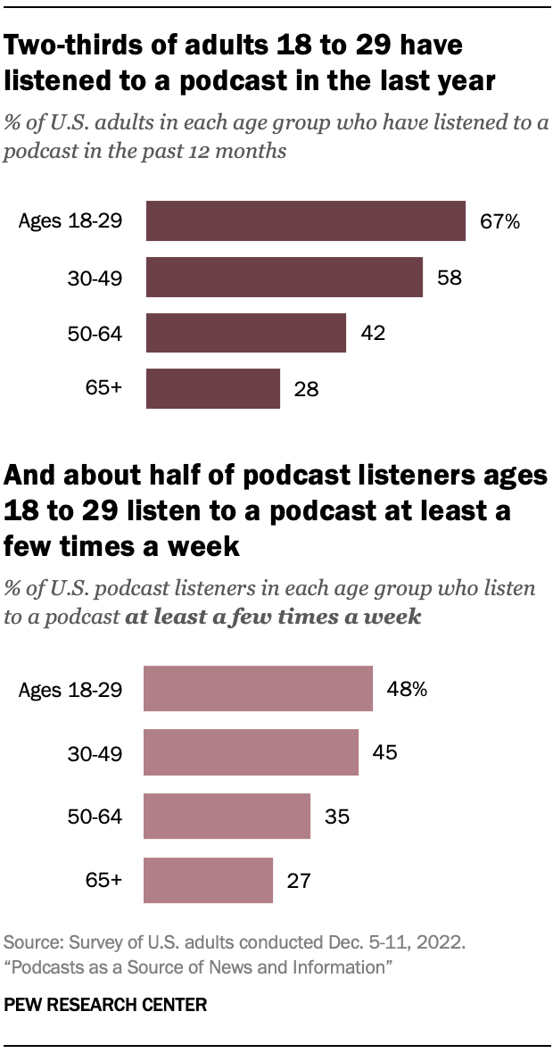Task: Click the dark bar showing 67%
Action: (305, 221)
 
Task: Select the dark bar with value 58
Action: (284, 277)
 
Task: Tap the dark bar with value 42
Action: (245, 333)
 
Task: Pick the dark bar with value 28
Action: (212, 388)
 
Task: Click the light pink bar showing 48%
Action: (258, 688)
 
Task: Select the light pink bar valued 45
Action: (251, 752)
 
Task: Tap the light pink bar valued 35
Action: (227, 817)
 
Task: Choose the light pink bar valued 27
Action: (208, 881)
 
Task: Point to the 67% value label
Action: (499, 221)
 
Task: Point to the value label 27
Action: (299, 881)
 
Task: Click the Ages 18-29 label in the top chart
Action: (70, 221)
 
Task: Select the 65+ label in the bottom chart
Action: (104, 881)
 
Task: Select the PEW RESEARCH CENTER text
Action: (106, 1005)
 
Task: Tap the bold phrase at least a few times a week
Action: (274, 617)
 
